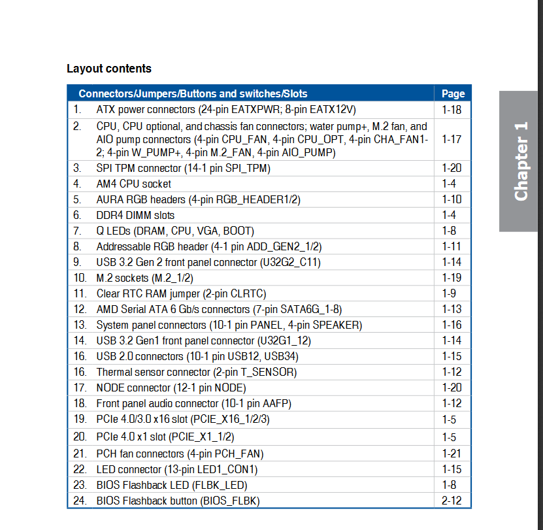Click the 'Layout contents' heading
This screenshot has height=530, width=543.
coord(109,69)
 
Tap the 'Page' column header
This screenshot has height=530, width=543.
coord(453,93)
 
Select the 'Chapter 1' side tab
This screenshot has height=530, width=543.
coord(521,161)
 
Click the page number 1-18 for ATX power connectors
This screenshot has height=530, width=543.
coord(452,110)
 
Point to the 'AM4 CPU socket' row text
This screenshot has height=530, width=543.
coord(134,184)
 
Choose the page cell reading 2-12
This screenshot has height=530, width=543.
coord(452,501)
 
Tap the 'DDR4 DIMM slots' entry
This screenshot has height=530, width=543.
coord(135,215)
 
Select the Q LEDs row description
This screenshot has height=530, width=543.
coord(175,231)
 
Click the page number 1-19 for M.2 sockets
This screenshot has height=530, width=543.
coord(452,278)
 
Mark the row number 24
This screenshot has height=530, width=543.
coord(80,501)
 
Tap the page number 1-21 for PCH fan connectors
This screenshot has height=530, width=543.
coord(452,454)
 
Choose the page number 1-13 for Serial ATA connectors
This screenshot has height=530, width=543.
coord(452,309)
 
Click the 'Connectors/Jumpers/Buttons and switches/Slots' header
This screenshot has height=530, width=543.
coord(193,93)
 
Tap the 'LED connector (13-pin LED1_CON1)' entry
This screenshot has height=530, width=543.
coord(177,469)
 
